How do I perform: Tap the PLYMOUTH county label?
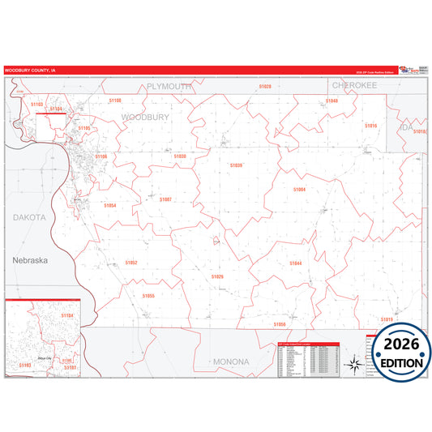[169, 86]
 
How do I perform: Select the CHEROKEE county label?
[354, 84]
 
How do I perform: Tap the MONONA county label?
[232, 361]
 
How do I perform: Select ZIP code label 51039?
[236, 165]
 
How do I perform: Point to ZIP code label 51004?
[299, 189]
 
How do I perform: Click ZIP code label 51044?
[295, 263]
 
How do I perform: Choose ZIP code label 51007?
[165, 199]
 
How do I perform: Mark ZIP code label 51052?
[130, 263]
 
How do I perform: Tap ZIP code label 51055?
[148, 296]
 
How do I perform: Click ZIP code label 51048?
[331, 101]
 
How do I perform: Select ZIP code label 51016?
[370, 126]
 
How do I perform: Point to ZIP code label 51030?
[180, 156]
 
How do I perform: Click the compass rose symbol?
[354, 364]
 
